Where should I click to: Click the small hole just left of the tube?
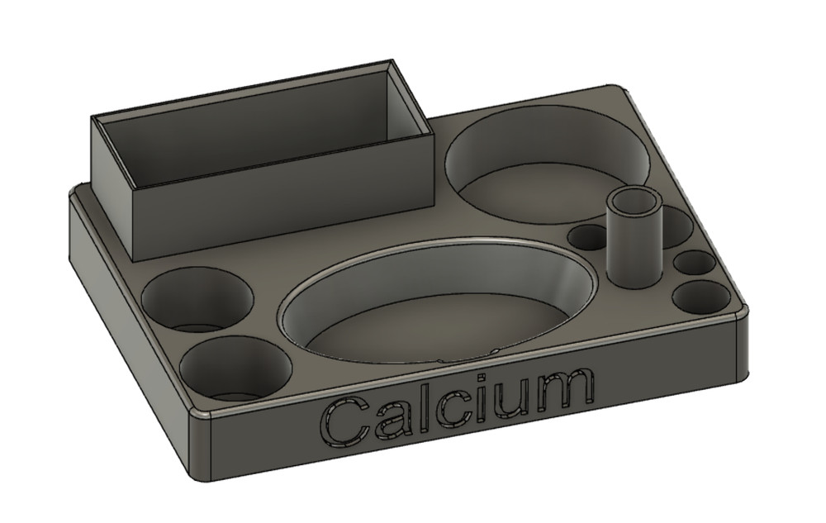coord(588,238)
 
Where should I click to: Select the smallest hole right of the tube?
coord(694,264)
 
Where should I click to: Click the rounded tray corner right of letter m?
coord(738,311)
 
